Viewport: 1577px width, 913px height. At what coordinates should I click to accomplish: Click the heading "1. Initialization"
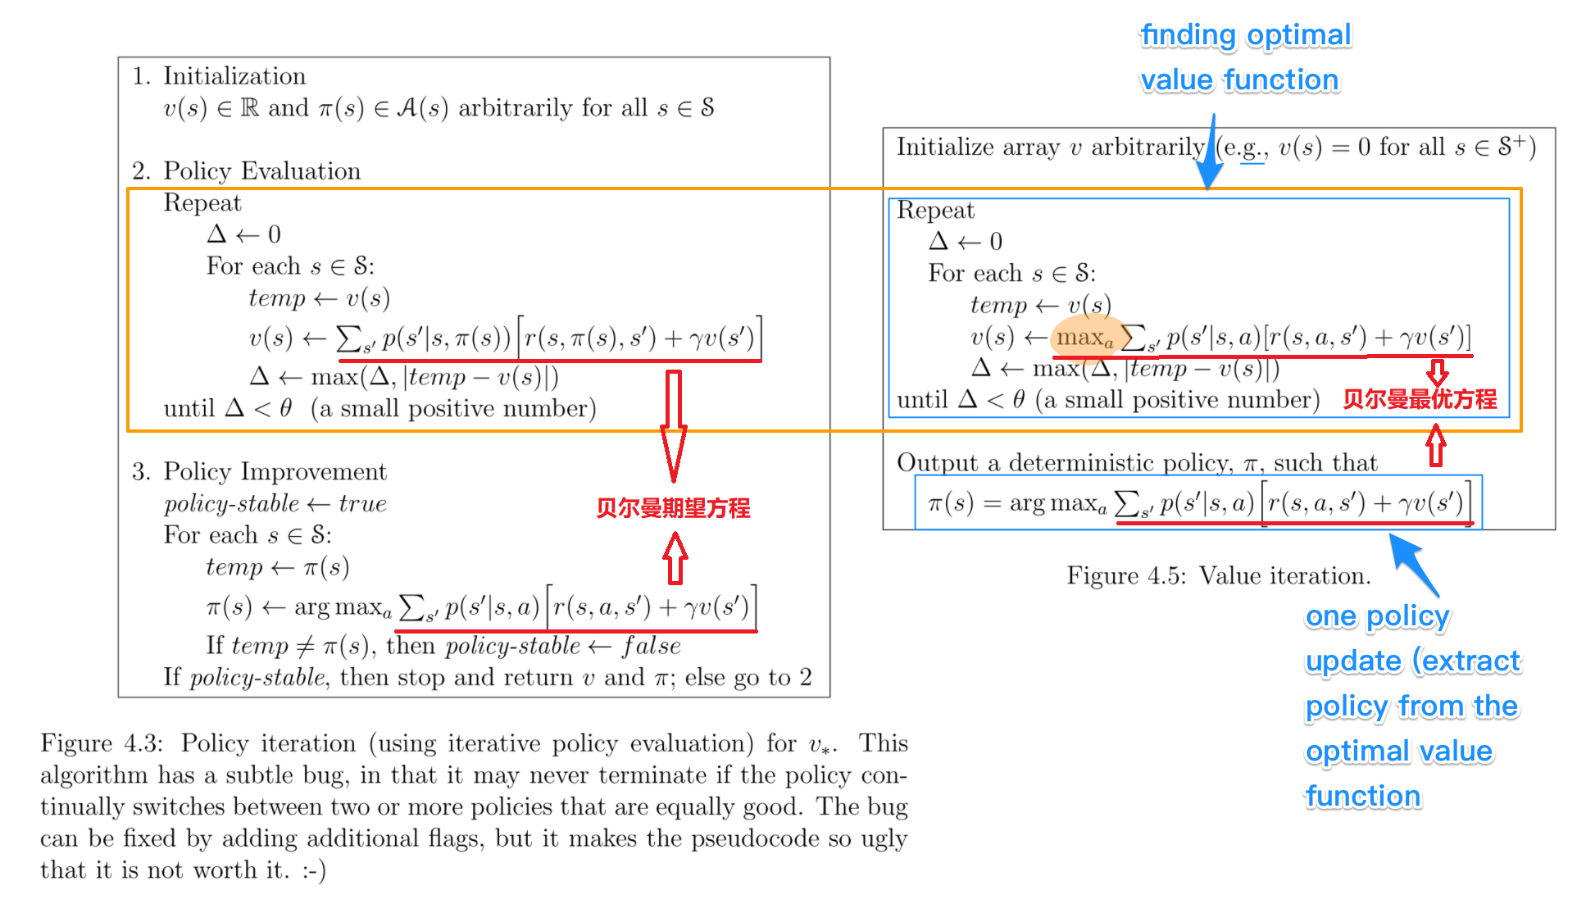219,76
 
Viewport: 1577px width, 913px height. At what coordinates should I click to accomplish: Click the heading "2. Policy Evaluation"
246,171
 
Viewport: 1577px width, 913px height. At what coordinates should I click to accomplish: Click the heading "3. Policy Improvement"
259,472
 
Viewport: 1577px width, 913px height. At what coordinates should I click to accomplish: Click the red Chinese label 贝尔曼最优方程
1420,399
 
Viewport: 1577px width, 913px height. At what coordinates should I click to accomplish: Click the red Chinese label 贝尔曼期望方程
673,508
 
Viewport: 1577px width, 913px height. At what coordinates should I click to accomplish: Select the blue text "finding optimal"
1245,35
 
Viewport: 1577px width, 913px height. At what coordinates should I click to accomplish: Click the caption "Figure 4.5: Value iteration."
1218,576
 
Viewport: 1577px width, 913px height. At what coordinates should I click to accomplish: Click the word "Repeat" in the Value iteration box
935,211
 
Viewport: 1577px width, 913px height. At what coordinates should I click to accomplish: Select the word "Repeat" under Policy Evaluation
202,203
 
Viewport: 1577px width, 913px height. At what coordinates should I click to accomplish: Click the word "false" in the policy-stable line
652,646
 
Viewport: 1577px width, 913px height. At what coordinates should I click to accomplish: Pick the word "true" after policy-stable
362,504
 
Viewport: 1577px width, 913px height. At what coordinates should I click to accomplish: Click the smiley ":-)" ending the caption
314,870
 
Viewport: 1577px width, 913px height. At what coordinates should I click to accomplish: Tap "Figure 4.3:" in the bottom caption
102,743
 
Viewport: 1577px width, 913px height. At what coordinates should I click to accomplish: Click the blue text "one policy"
1377,616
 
